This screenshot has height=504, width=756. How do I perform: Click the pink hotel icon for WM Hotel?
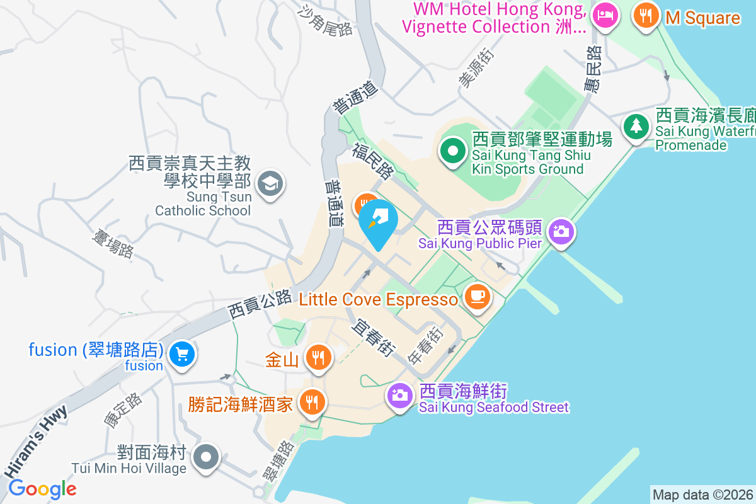pyautogui.click(x=605, y=15)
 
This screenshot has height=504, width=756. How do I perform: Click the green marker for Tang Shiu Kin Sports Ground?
pyautogui.click(x=452, y=151)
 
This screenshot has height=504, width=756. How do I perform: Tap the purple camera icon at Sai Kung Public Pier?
pyautogui.click(x=559, y=231)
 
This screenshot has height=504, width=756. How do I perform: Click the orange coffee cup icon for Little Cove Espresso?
pyautogui.click(x=477, y=297)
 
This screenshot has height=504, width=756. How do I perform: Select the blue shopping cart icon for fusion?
pyautogui.click(x=182, y=355)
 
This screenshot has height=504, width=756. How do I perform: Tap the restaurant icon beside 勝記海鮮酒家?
pyautogui.click(x=311, y=401)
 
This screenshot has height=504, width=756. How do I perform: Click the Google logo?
pyautogui.click(x=43, y=489)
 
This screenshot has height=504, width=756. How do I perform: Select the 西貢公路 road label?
pyautogui.click(x=259, y=303)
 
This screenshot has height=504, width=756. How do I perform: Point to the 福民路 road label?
pyautogui.click(x=373, y=161)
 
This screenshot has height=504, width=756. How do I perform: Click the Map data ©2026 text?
pyautogui.click(x=702, y=495)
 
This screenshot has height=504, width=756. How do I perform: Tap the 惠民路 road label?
pyautogui.click(x=593, y=71)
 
